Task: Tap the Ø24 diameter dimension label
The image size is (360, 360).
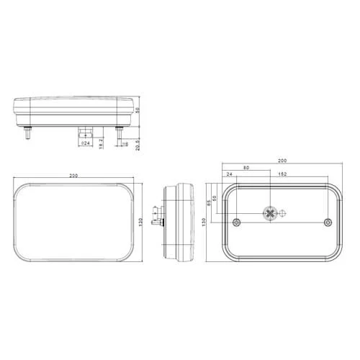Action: [x=85, y=144]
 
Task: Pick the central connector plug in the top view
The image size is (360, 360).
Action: [x=84, y=132]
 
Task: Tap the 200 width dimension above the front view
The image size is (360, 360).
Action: [x=73, y=175]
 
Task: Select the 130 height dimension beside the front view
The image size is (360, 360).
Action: [x=148, y=223]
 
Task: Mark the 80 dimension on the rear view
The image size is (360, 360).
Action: [x=247, y=168]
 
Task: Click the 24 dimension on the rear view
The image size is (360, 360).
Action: [x=229, y=174]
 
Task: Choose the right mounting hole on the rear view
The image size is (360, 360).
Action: [x=328, y=222]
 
